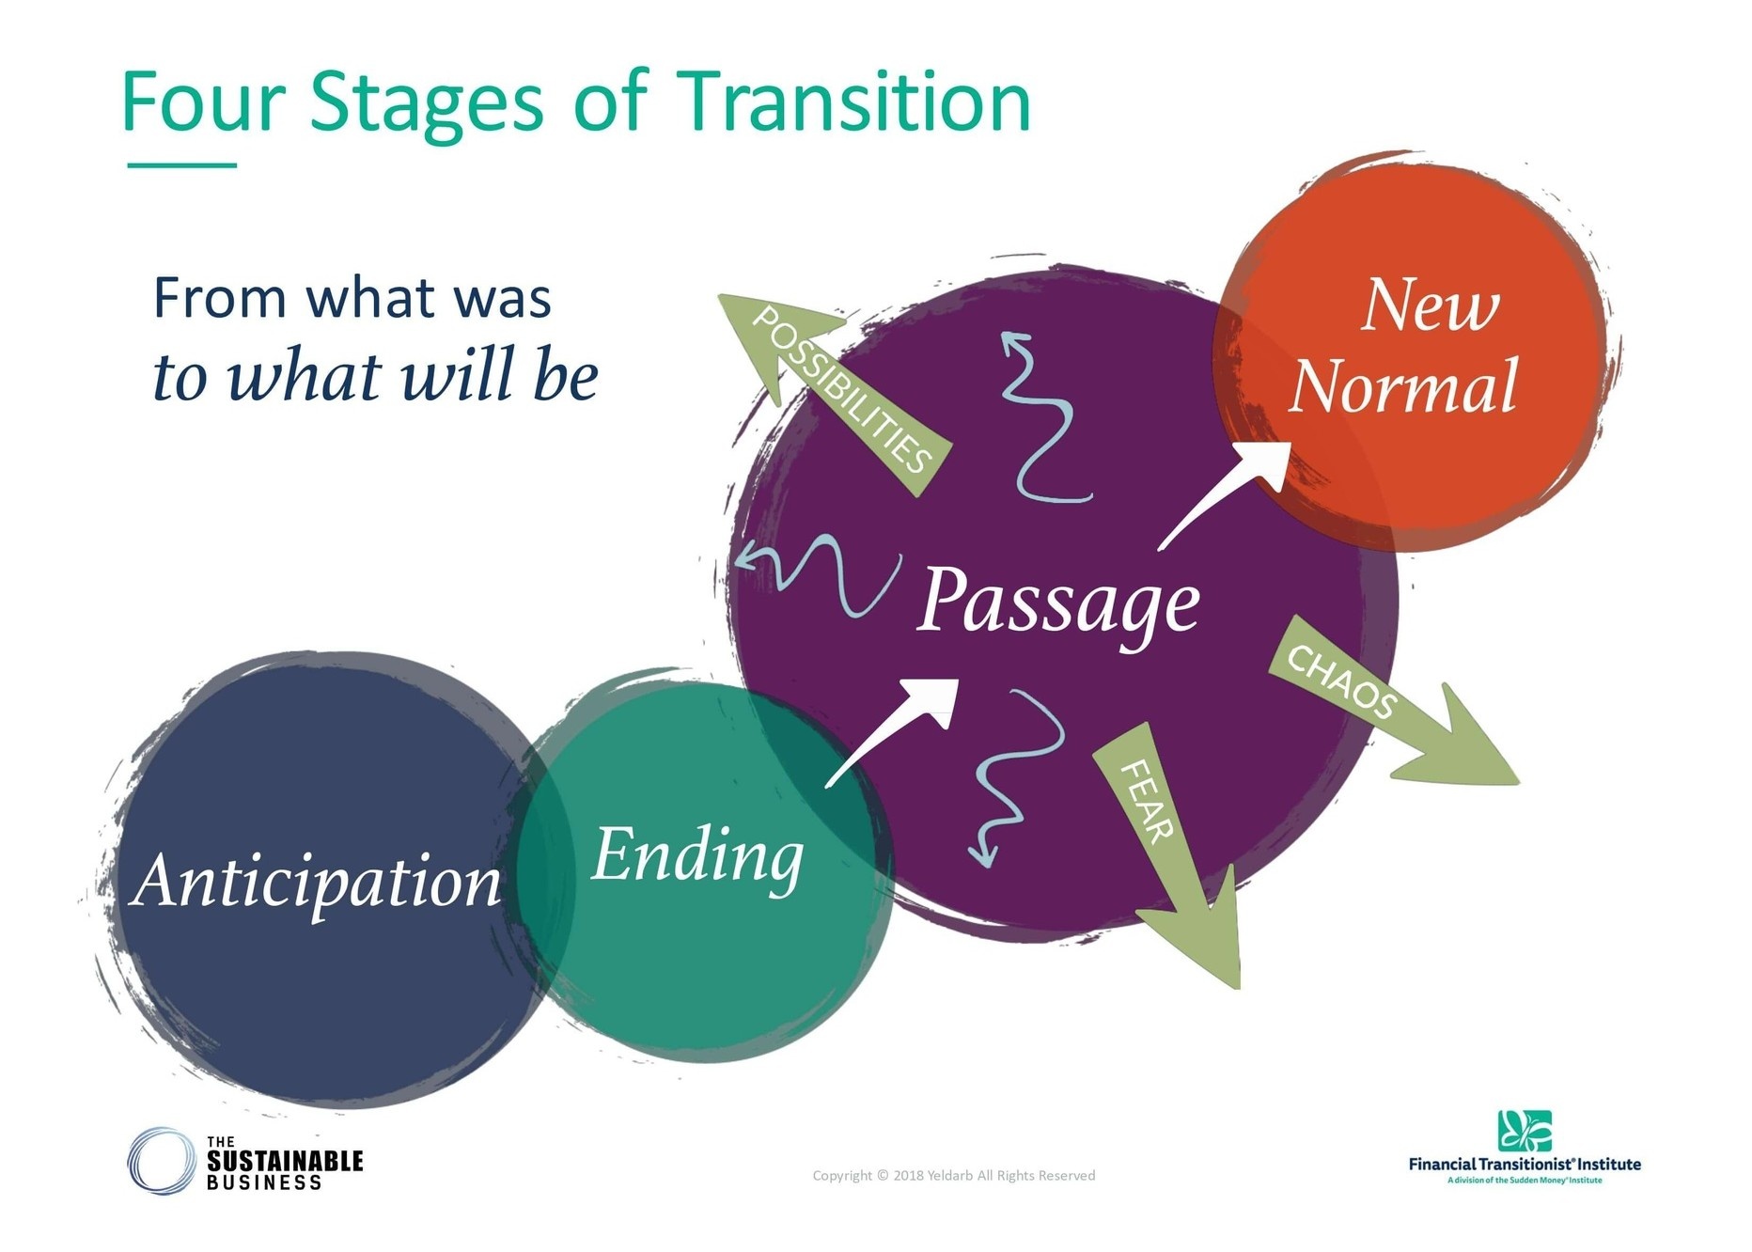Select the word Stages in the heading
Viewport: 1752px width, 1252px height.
coord(426,103)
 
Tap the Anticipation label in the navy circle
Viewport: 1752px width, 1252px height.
coord(318,882)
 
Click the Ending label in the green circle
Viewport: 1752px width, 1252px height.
coord(697,855)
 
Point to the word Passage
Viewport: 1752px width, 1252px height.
coord(1057,602)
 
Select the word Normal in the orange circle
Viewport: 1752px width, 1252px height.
coord(1402,385)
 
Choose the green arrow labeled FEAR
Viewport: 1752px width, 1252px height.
coord(1170,846)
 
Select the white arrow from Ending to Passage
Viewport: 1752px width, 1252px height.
coord(893,728)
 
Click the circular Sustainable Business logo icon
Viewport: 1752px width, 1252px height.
coord(162,1161)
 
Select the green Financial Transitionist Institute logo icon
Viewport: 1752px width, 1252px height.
coord(1524,1131)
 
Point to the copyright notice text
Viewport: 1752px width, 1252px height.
coord(953,1175)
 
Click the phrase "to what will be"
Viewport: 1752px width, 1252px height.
coord(375,376)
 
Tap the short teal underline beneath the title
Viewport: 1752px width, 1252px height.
coord(181,165)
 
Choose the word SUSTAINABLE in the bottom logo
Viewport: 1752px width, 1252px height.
coord(285,1161)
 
